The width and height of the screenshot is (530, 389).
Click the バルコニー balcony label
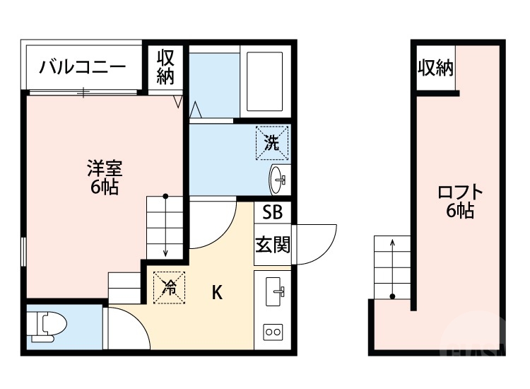point(83,68)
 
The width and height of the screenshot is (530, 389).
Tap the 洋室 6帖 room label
point(105,178)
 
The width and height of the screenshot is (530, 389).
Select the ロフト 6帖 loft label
point(459,201)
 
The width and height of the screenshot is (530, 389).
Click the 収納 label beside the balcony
point(165,67)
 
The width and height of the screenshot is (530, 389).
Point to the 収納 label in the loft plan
point(435,68)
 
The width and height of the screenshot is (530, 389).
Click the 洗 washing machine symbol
point(272,143)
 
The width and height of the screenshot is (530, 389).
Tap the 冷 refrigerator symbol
point(169,287)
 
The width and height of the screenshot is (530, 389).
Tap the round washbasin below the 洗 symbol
point(278,180)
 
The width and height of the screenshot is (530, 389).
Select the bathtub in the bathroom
point(264,81)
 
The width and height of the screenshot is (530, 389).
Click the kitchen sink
point(273,290)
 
